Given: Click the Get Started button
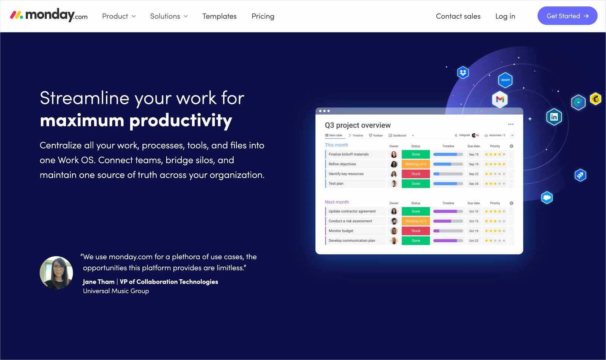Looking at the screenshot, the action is [x=567, y=16].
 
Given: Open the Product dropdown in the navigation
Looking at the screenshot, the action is [x=119, y=16].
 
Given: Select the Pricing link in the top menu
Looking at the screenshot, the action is [x=263, y=16].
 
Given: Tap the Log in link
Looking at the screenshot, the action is [x=505, y=16].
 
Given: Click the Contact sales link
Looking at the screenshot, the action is [x=458, y=16].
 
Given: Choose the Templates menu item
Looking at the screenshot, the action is [x=219, y=16].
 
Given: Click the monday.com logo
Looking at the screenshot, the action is [x=49, y=15].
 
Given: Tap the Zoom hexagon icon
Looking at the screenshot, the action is [x=505, y=80].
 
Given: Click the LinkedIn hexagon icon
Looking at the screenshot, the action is [x=554, y=117].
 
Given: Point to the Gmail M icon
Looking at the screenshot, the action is [x=500, y=100].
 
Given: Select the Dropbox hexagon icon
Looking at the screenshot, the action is [x=463, y=72].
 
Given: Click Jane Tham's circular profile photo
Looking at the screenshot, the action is [x=56, y=273].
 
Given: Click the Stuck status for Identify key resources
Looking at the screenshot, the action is [x=415, y=174].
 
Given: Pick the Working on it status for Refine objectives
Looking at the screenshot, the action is [x=415, y=164].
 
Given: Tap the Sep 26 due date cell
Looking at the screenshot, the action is [x=473, y=184].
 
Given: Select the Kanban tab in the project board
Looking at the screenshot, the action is [x=376, y=136].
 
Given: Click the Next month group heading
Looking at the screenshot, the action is [x=337, y=202].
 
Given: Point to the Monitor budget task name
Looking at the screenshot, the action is [x=341, y=231].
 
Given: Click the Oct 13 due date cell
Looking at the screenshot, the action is [x=473, y=221].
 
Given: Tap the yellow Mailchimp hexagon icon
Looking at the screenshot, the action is [x=595, y=99].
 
